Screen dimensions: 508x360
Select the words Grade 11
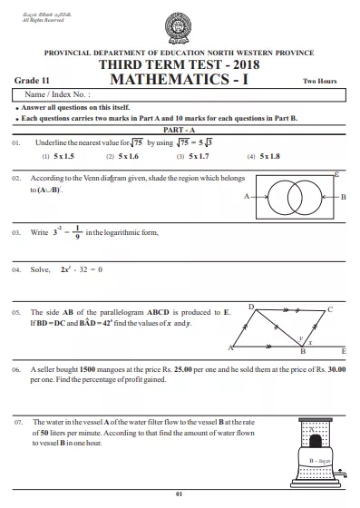point(32,81)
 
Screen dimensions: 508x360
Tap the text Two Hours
point(319,82)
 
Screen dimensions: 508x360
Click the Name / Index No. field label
point(57,94)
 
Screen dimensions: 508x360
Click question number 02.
point(16,180)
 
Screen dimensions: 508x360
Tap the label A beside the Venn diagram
point(248,197)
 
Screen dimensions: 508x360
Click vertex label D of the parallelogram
point(250,308)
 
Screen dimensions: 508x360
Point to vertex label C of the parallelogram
point(330,310)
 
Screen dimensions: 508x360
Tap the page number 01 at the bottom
point(180,493)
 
